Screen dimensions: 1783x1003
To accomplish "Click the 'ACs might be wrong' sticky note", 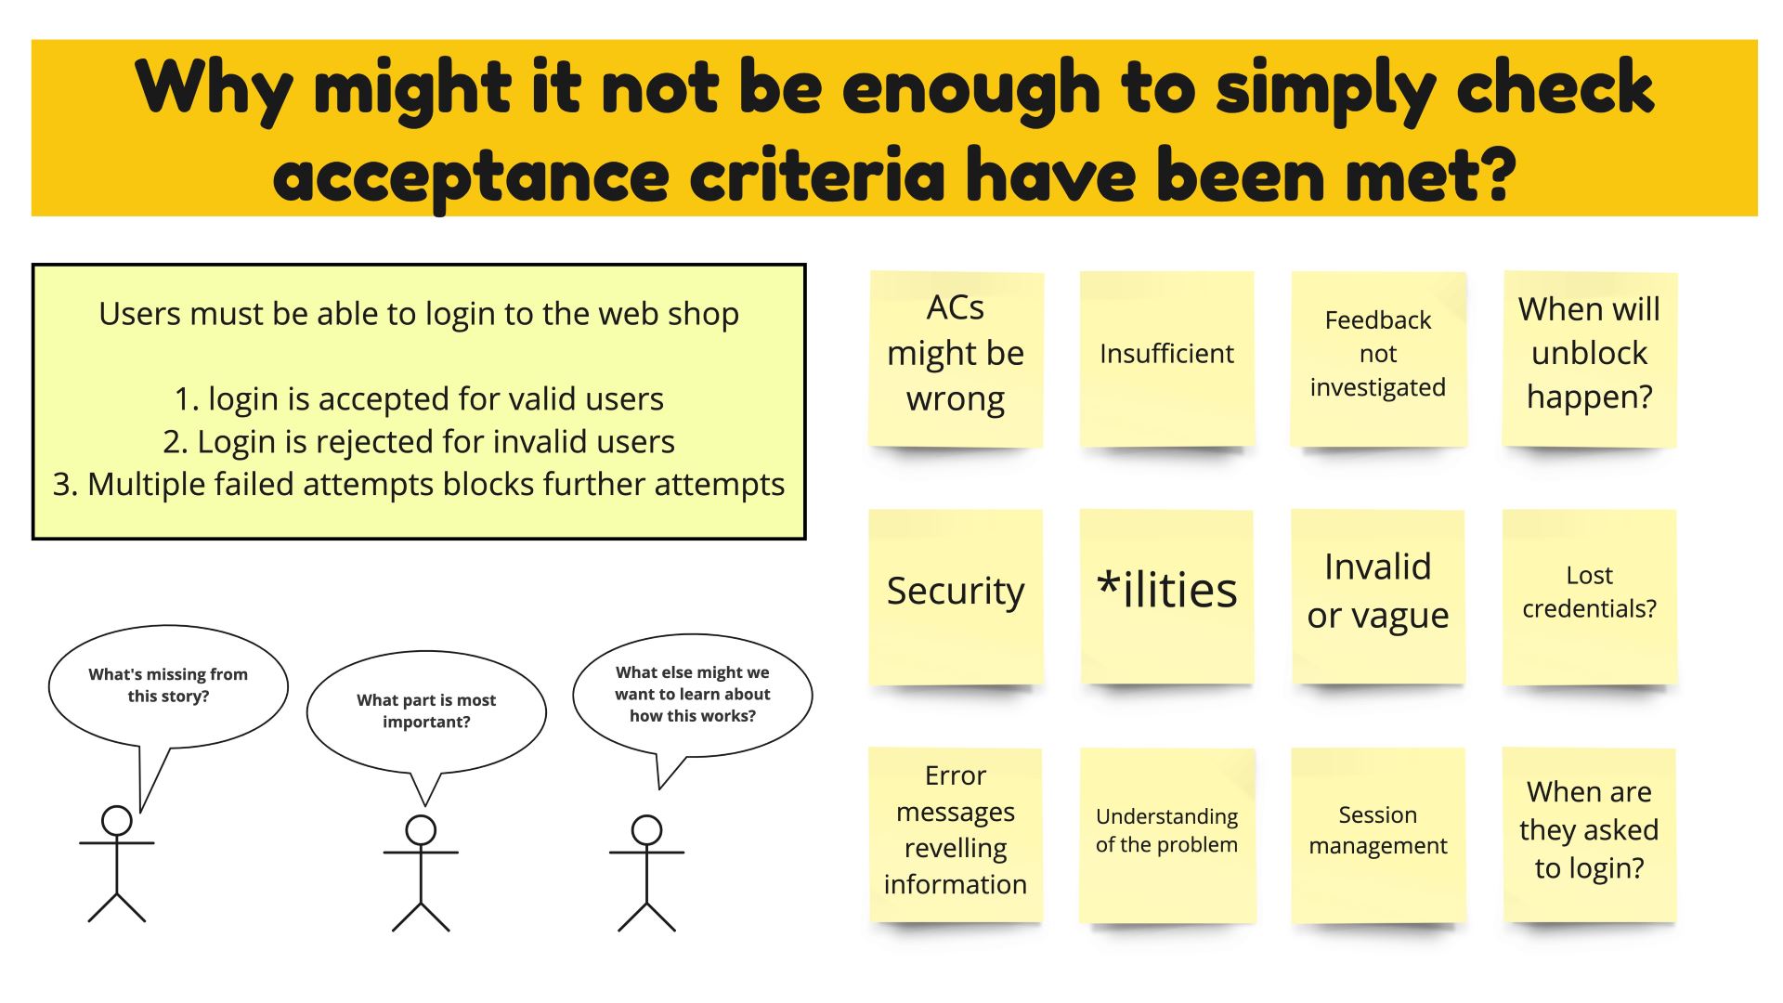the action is pyautogui.click(x=956, y=359).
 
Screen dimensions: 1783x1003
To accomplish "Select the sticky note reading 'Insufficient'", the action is pyautogui.click(x=1166, y=359).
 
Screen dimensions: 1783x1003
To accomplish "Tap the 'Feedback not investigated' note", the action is pyautogui.click(x=1378, y=359).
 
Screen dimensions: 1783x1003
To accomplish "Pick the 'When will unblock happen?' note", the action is pyautogui.click(x=1590, y=359).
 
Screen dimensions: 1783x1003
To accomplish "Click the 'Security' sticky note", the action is pyautogui.click(x=956, y=597).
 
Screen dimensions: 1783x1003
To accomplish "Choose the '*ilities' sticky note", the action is pyautogui.click(x=1166, y=597).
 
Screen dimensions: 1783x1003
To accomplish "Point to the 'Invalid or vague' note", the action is pyautogui.click(x=1378, y=597).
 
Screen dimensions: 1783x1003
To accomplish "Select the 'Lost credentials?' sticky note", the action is pyautogui.click(x=1590, y=597).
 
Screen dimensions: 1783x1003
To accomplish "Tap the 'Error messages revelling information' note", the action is pyautogui.click(x=956, y=835).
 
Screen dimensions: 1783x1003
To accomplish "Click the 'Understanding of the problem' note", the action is pyautogui.click(x=1166, y=835).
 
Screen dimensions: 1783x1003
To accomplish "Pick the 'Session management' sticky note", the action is pyautogui.click(x=1378, y=835).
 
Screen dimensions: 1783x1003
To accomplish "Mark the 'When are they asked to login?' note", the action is pyautogui.click(x=1590, y=835).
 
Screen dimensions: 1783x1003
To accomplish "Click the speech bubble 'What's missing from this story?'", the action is pyautogui.click(x=168, y=686).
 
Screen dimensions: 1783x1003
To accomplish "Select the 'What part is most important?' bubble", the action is pyautogui.click(x=426, y=710).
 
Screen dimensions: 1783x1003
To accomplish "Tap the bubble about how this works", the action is pyautogui.click(x=693, y=694).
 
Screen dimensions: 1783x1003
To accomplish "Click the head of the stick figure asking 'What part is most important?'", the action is pyautogui.click(x=421, y=830).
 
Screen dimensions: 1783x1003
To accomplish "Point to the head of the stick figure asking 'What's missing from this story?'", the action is pyautogui.click(x=117, y=821).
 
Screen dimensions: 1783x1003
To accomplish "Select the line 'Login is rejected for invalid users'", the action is pyautogui.click(x=419, y=441).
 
